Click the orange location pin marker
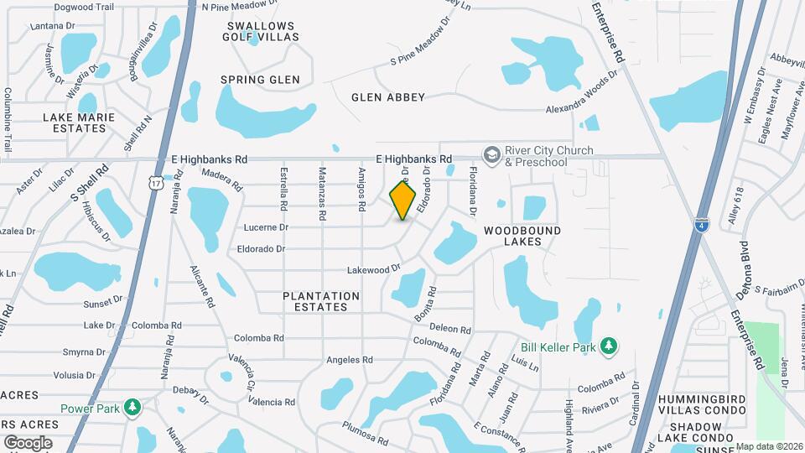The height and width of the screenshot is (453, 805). coord(402,200)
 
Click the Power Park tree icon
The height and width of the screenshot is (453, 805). coord(132,409)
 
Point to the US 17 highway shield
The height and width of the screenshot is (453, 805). coord(155,182)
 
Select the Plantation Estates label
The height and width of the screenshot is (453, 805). coord(320,301)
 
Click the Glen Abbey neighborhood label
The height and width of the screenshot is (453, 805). coord(388,97)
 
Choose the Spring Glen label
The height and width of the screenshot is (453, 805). coord(260,81)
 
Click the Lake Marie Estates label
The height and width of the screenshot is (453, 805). coord(79,123)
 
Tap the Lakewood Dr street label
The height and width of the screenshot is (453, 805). coord(375,270)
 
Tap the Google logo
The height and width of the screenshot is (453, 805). coord(28,442)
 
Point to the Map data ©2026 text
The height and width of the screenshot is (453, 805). coord(769,446)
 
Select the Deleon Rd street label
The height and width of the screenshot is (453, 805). coord(450,329)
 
